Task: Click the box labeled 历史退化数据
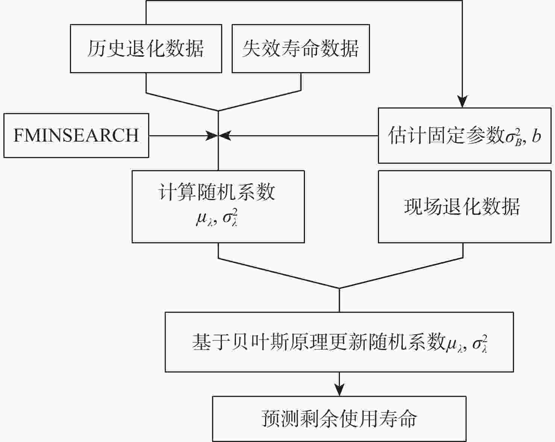coord(146,48)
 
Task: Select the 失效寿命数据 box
coord(300,48)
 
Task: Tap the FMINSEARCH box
coord(76,136)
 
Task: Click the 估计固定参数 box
coord(464,136)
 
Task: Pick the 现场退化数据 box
coord(464,207)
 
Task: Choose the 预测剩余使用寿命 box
coord(339,419)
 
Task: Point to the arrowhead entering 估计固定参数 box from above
coord(462,102)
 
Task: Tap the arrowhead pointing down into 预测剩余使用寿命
coord(339,391)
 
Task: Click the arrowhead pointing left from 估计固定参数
coord(225,136)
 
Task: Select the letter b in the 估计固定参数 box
coord(537,136)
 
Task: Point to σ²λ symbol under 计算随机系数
coord(230,218)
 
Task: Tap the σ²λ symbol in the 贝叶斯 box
coord(480,343)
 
